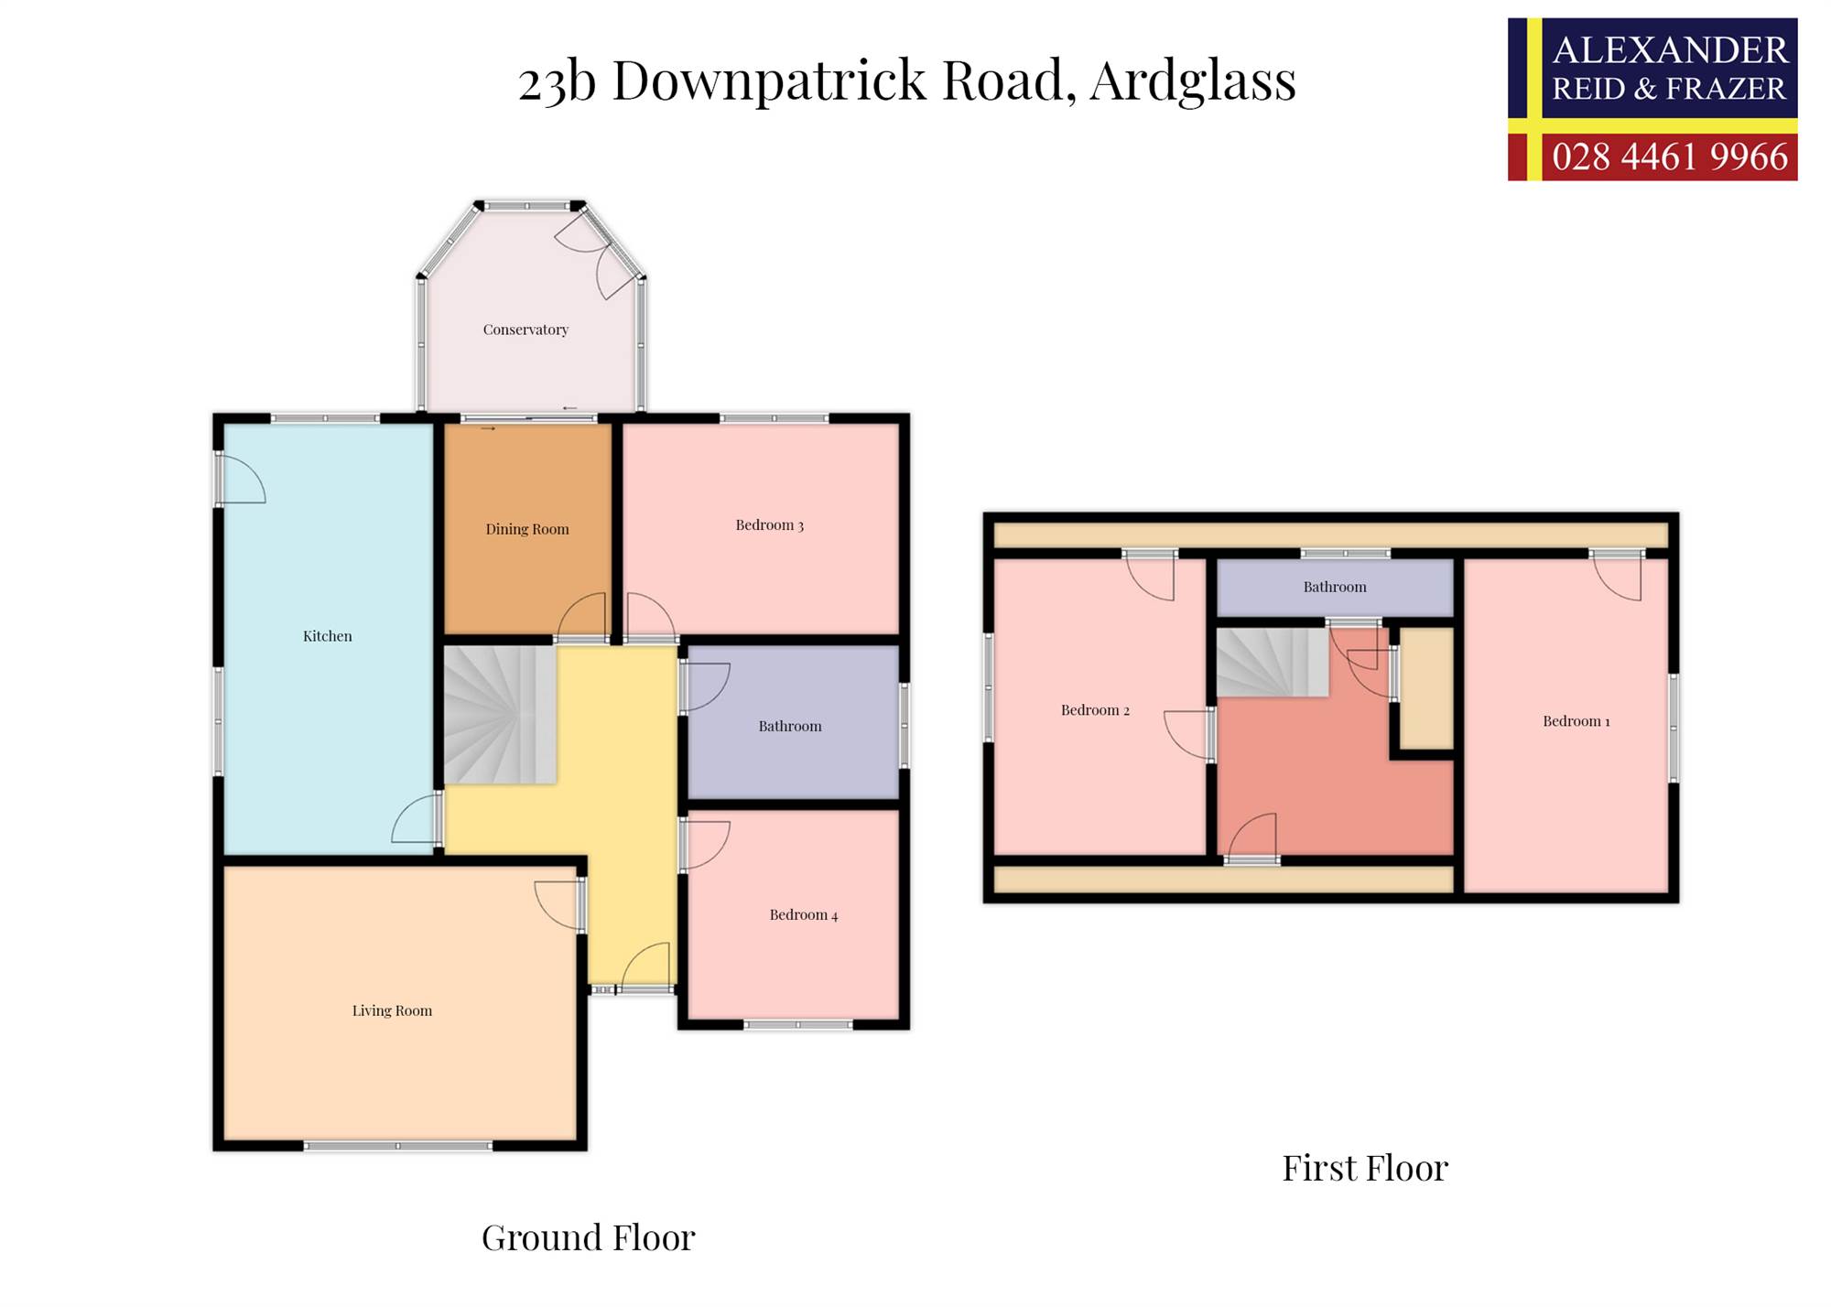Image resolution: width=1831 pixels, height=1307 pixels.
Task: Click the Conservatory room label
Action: point(525,329)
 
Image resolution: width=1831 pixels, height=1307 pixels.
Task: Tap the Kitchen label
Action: point(327,636)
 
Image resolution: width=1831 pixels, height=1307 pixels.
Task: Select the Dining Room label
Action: point(526,529)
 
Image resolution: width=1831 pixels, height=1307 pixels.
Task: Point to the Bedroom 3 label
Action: point(769,524)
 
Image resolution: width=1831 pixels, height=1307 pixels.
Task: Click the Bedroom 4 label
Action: point(803,914)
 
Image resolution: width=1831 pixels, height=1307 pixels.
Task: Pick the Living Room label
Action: point(392,1010)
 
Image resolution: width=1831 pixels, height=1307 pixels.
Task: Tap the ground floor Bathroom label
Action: point(789,726)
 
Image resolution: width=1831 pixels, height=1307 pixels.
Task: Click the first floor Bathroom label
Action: point(1335,587)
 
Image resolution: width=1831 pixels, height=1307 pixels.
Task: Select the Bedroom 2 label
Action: point(1095,710)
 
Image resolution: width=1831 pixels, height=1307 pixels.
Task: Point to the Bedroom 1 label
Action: point(1576,721)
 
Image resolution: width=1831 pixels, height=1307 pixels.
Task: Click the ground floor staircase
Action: point(500,715)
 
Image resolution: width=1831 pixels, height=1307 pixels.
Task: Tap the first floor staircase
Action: point(1273,663)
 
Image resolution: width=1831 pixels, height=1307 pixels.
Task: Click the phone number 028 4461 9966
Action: point(1670,157)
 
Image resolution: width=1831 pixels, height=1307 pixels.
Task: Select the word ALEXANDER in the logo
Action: point(1670,50)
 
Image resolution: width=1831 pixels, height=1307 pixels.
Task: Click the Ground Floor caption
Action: point(589,1237)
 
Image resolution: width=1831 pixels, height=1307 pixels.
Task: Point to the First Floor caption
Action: point(1365,1168)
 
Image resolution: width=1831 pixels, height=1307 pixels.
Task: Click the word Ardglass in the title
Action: point(1193,81)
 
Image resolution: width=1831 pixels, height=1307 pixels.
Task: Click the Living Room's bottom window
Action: point(397,1146)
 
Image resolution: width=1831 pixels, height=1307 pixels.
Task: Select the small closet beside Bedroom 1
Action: point(1427,688)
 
